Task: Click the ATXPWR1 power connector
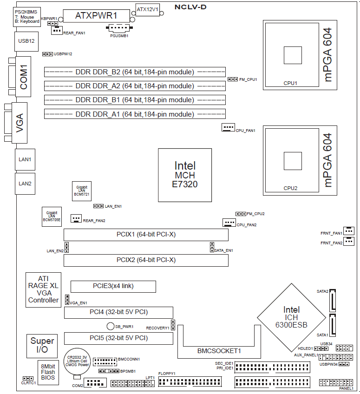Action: click(96, 15)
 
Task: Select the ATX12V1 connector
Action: click(148, 9)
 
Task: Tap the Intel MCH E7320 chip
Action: click(185, 175)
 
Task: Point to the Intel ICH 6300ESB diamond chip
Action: click(292, 317)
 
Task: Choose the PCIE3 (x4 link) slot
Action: click(113, 286)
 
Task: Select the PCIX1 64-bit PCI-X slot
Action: click(146, 235)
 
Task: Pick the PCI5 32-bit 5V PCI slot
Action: click(118, 338)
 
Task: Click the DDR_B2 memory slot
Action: click(135, 72)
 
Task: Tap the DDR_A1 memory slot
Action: click(135, 114)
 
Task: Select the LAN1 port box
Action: click(25, 159)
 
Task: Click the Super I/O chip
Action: click(42, 345)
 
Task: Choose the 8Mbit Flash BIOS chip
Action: click(47, 372)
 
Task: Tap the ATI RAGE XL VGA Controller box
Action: click(43, 289)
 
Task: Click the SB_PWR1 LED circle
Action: click(111, 326)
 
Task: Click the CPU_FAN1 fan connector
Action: click(228, 128)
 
